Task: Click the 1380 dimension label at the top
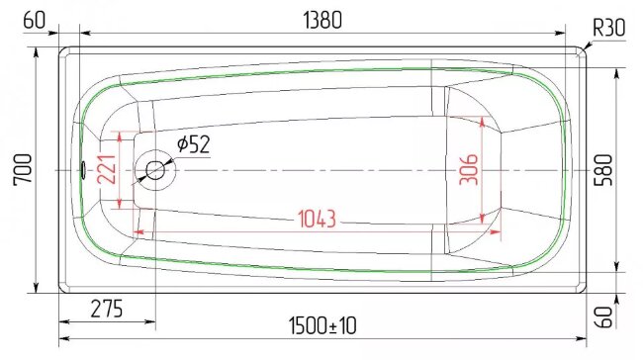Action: tap(322, 20)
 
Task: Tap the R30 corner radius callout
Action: tap(609, 28)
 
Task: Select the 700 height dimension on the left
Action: tap(23, 170)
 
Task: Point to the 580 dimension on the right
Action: tap(604, 170)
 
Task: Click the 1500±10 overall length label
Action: tap(322, 326)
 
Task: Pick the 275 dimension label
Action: tap(107, 309)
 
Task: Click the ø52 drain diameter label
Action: tap(194, 144)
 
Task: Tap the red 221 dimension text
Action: tap(107, 169)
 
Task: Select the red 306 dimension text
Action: tap(469, 170)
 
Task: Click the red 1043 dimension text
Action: tap(317, 219)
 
